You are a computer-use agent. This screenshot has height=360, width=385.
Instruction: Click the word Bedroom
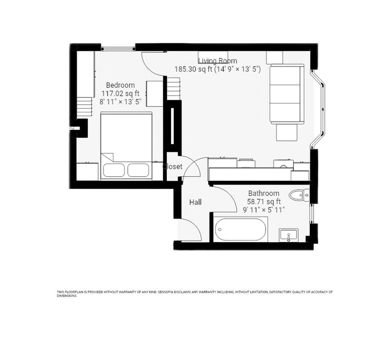click(120, 85)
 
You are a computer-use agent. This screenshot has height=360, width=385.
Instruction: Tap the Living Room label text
click(218, 61)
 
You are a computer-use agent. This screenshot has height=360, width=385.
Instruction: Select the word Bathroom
click(264, 193)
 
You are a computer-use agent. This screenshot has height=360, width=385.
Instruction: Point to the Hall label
click(195, 202)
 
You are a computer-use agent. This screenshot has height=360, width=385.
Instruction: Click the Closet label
click(173, 166)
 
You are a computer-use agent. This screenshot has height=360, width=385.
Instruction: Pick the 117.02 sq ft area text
click(120, 94)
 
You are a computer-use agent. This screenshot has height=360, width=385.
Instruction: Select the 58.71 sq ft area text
click(264, 201)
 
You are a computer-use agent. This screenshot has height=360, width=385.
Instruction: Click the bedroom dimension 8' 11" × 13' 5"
click(120, 102)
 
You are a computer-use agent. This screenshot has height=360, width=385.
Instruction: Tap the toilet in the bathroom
click(299, 195)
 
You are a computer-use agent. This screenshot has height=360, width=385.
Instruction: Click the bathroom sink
click(288, 234)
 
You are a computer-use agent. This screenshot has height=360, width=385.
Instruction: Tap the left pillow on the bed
click(114, 170)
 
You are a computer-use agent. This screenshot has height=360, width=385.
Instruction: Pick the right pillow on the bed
click(138, 170)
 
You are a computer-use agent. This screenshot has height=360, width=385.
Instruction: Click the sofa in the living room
click(287, 94)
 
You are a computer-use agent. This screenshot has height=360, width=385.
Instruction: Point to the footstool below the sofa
click(287, 132)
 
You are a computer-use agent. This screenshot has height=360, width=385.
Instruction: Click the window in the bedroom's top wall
click(118, 48)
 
